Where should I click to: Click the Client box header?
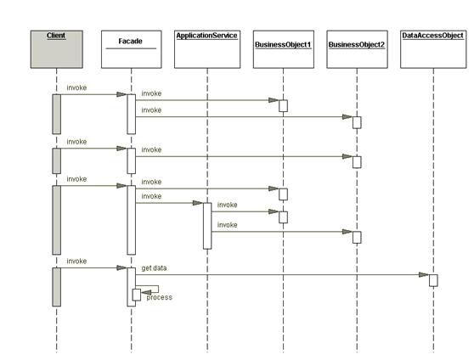pos(57,49)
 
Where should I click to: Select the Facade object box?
pos(131,49)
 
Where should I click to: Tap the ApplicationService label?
pos(206,36)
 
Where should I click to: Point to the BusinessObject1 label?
pos(283,45)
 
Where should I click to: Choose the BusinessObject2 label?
pos(357,45)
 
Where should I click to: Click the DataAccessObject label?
pos(432,36)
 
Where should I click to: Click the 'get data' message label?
pos(154,268)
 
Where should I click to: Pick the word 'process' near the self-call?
pos(160,297)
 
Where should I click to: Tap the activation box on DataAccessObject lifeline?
pos(433,280)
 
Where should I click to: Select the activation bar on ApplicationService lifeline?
pos(207,226)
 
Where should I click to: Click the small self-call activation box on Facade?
pos(137,295)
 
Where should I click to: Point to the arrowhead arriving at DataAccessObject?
pos(424,275)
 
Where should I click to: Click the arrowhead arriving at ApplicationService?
pos(198,203)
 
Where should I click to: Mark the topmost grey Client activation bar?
pos(57,114)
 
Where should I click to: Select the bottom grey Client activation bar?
pos(57,287)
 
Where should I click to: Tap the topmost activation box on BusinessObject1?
pos(283,106)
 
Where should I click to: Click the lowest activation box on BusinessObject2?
pos(357,237)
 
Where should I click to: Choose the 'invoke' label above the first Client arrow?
pos(76,87)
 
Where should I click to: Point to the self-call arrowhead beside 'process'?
pos(146,292)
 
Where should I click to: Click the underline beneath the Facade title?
pos(131,48)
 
